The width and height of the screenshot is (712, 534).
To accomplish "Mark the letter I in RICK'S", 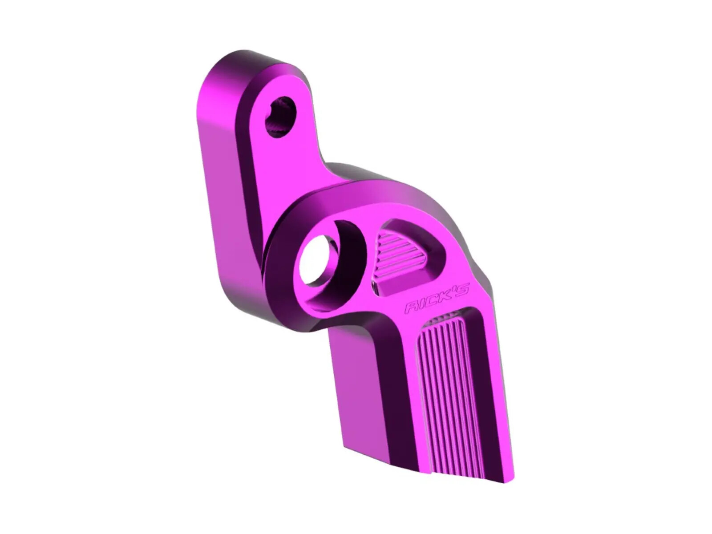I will (x=422, y=305).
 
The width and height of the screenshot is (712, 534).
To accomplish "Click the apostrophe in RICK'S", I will (x=454, y=290).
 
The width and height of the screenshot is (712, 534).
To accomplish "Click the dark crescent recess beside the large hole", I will (x=352, y=249).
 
